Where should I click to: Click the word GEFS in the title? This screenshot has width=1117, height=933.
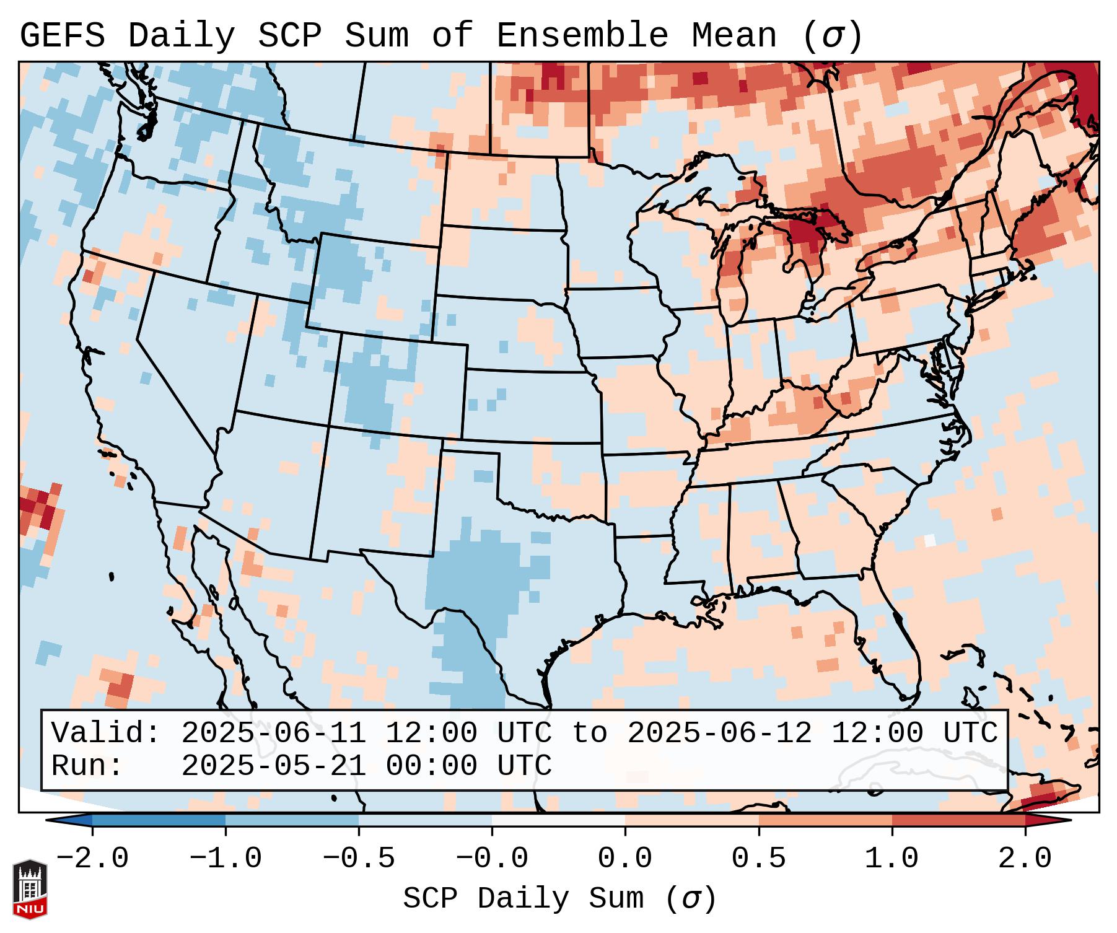click(62, 36)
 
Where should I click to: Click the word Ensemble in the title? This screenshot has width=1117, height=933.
click(582, 36)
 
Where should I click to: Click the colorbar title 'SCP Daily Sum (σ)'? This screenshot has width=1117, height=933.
click(559, 899)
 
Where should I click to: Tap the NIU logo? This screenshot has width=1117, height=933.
click(30, 889)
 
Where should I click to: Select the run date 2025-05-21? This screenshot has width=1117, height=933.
click(273, 766)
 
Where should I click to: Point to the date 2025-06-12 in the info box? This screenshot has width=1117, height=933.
click(719, 734)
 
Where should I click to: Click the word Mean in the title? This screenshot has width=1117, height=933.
click(734, 36)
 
